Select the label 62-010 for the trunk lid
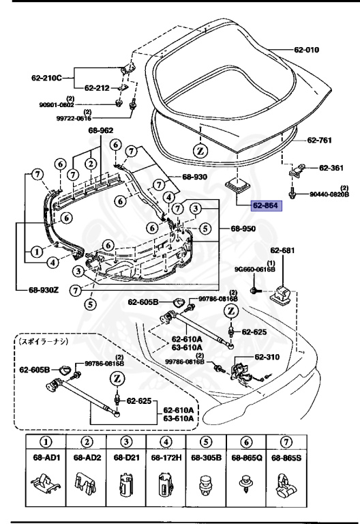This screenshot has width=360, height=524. click(x=322, y=50)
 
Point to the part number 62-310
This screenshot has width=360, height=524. click(x=269, y=356)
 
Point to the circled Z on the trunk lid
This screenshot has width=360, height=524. click(x=200, y=149)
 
